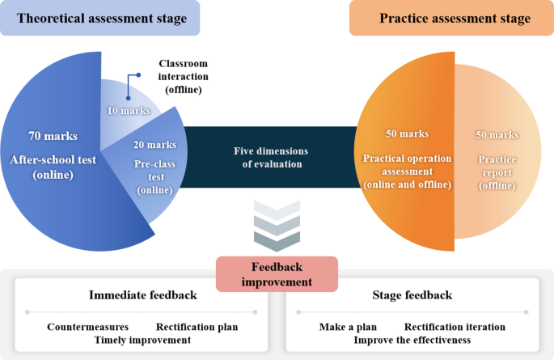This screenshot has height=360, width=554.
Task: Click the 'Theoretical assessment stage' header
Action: pyautogui.click(x=101, y=18)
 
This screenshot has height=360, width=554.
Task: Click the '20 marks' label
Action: pyautogui.click(x=154, y=145)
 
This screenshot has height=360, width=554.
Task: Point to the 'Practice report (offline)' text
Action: pyautogui.click(x=497, y=167)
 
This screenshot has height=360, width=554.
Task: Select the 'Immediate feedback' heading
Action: pyautogui.click(x=142, y=294)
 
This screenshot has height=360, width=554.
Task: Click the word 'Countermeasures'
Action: pyautogui.click(x=87, y=327)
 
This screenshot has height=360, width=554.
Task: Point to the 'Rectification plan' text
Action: pyautogui.click(x=197, y=327)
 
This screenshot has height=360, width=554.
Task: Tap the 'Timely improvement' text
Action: pyautogui.click(x=142, y=340)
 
